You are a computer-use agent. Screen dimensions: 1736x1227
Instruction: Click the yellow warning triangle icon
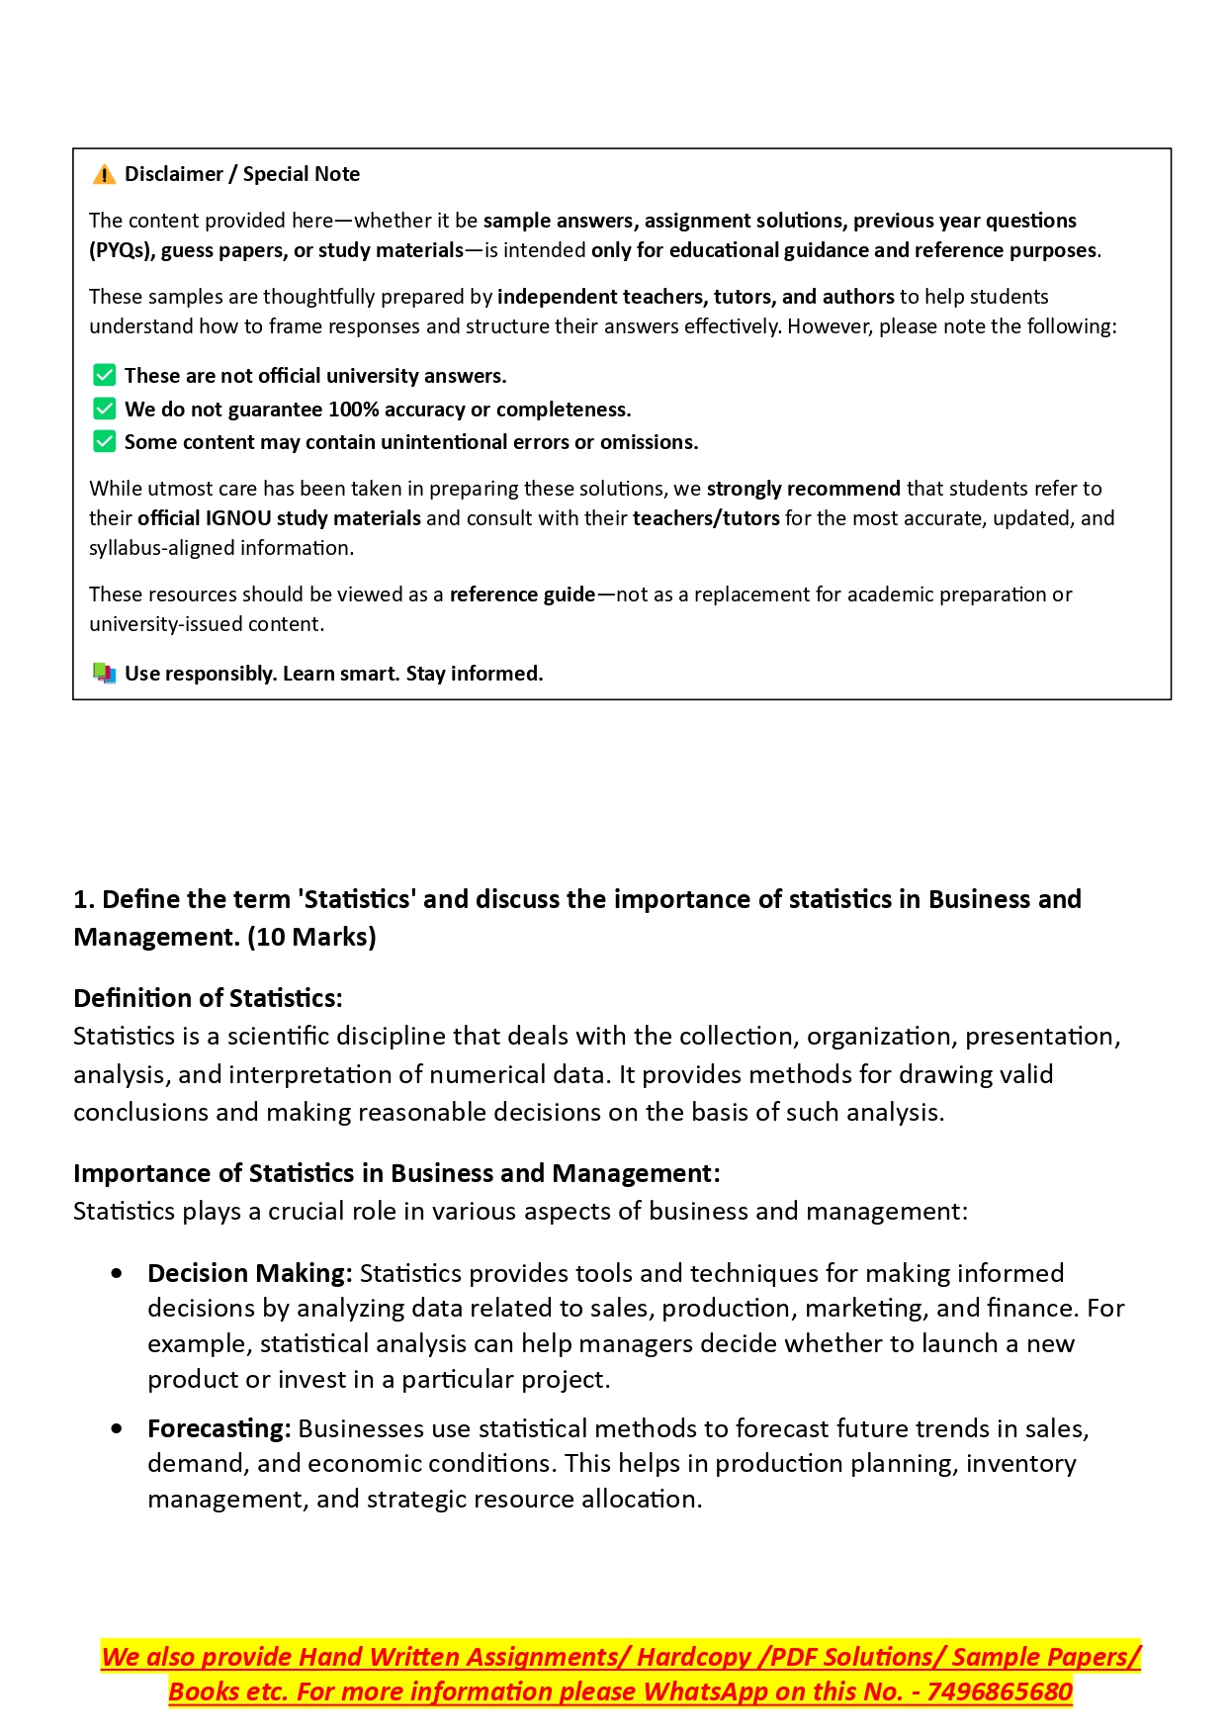[x=104, y=175]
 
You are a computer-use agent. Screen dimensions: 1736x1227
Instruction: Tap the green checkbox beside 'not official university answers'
[x=104, y=375]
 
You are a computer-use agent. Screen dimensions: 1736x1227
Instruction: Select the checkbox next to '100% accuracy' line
[x=104, y=409]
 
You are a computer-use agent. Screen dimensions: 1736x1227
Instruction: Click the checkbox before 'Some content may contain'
[x=104, y=441]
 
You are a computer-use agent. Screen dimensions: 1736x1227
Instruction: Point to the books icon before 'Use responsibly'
[x=104, y=674]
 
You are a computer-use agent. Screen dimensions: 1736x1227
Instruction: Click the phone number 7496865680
[x=1000, y=1691]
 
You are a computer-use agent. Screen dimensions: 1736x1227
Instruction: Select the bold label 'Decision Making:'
[x=249, y=1273]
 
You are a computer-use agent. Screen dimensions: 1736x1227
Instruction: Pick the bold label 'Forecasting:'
[x=219, y=1428]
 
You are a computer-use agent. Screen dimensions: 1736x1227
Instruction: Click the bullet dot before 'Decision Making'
[x=118, y=1273]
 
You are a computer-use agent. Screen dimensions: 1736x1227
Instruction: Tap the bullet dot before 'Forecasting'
[x=118, y=1428]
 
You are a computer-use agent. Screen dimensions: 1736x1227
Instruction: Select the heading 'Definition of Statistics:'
[x=208, y=998]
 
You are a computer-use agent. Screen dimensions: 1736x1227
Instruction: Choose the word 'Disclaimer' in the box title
[x=174, y=174]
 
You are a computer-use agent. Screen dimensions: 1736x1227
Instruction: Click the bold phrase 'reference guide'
[x=522, y=594]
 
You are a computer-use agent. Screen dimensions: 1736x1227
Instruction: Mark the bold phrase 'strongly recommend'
[x=803, y=489]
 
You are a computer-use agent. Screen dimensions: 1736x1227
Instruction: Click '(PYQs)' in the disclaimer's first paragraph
[x=121, y=250]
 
